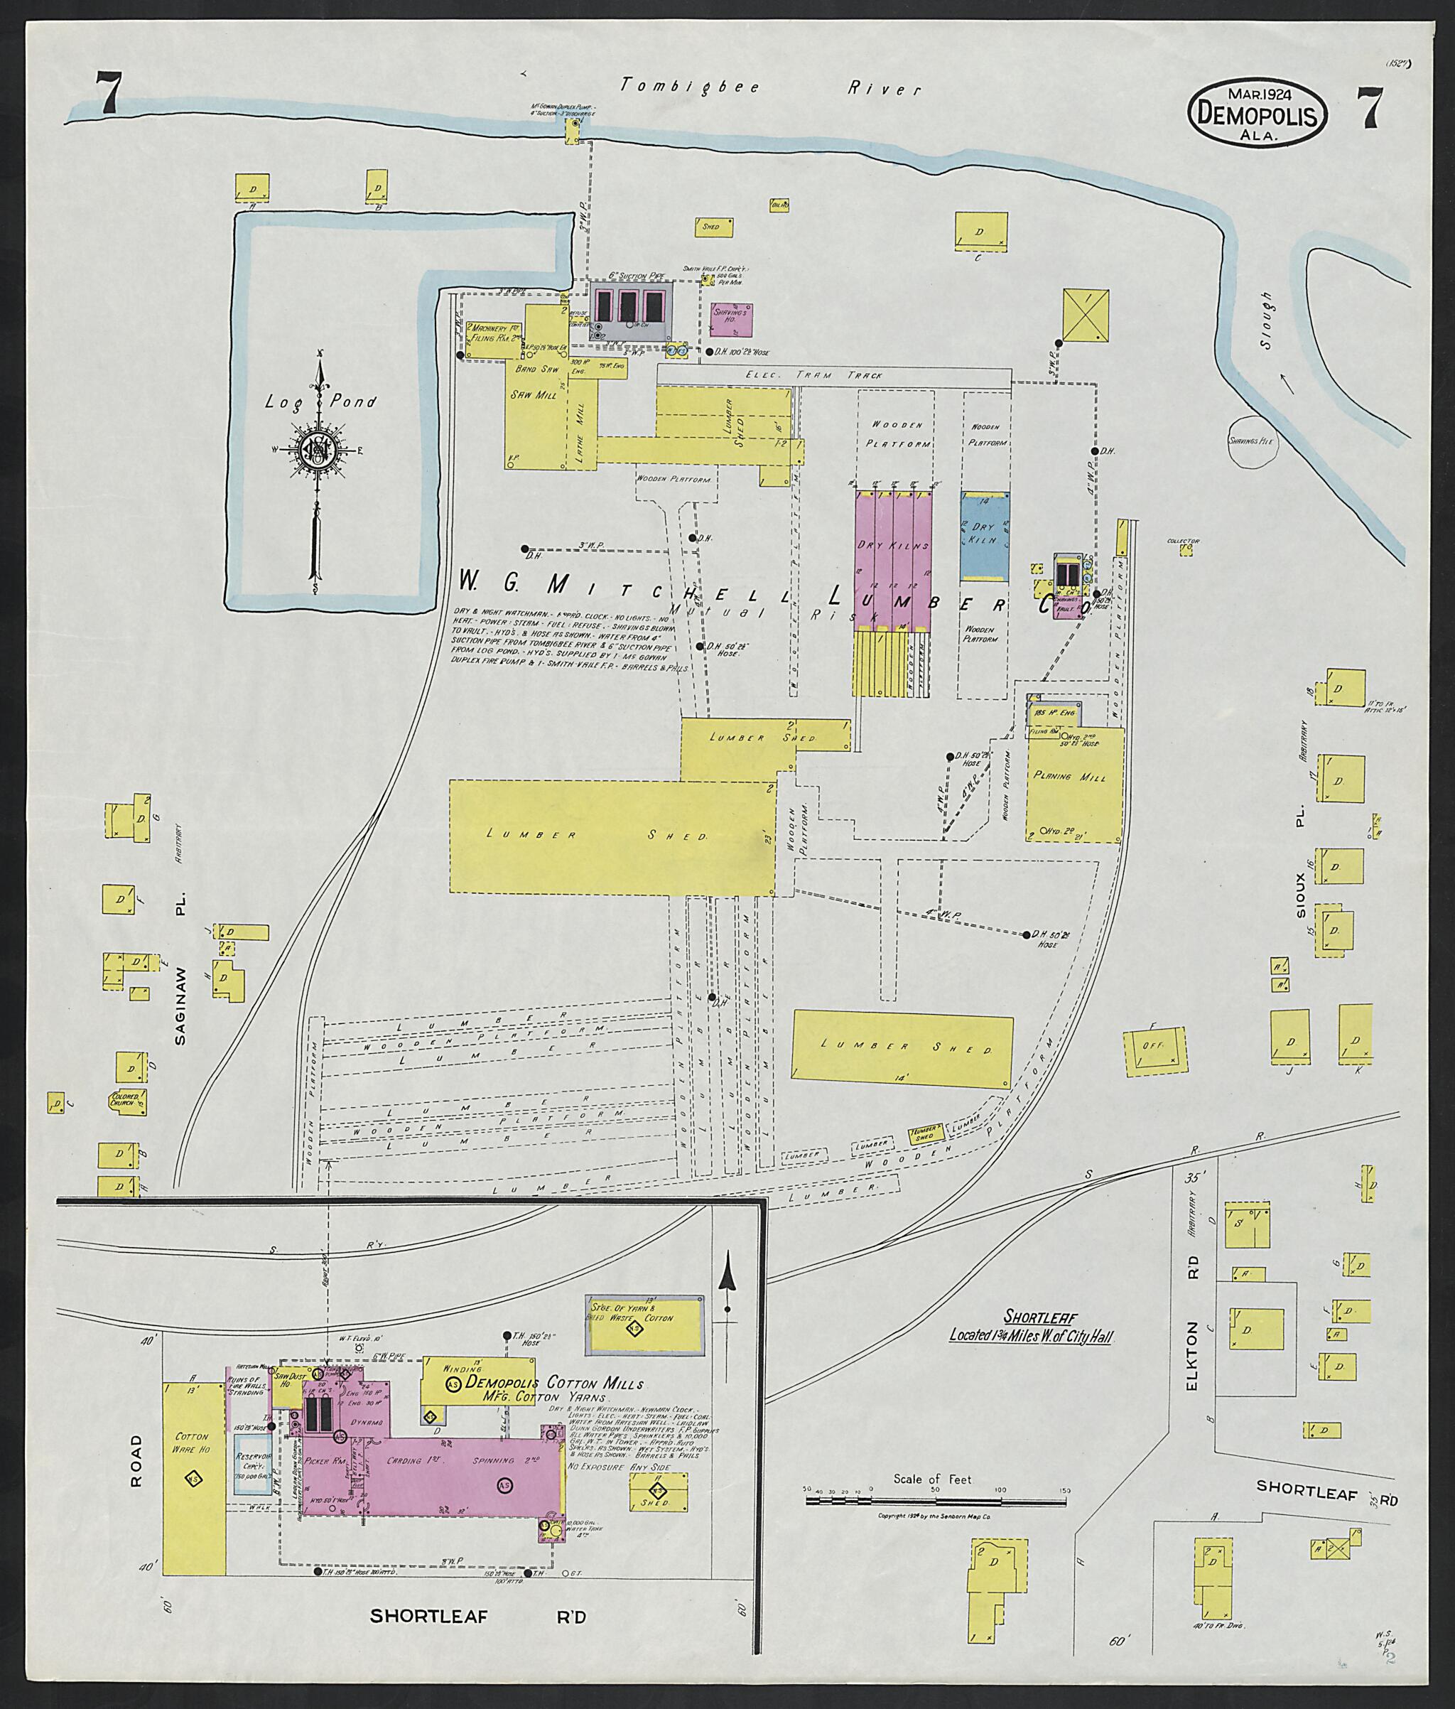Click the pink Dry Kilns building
893,560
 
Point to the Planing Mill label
1070,777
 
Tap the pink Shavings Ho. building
731,318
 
